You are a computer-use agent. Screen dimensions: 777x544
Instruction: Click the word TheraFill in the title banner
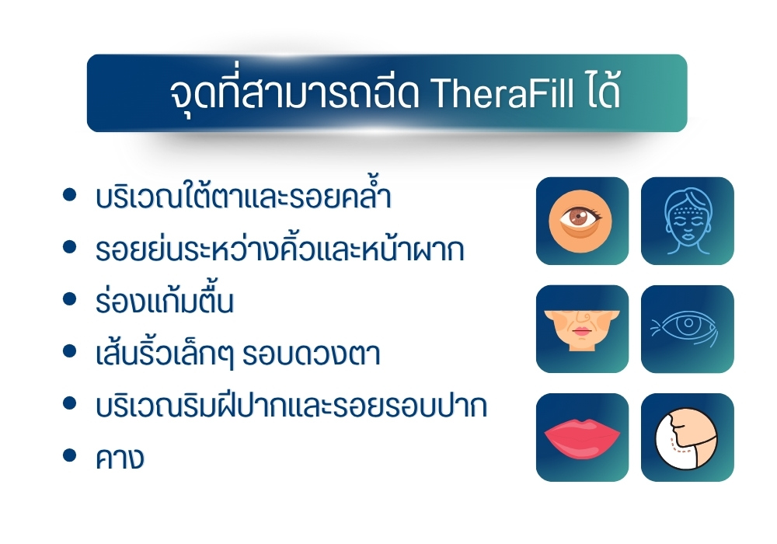click(x=503, y=93)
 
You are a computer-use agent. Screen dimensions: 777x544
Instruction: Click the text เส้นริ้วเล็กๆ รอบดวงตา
click(x=238, y=353)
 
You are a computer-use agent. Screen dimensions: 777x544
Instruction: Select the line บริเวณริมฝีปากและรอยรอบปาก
click(x=291, y=405)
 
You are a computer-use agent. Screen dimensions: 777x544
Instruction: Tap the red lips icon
click(x=582, y=438)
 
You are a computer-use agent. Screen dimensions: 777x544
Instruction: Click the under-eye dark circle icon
click(x=582, y=221)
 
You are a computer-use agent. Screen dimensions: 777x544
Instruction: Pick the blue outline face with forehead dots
click(x=688, y=221)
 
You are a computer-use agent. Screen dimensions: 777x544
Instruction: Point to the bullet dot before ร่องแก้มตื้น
click(x=70, y=298)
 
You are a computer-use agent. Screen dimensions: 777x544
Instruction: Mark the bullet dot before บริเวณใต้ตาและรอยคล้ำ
click(x=70, y=194)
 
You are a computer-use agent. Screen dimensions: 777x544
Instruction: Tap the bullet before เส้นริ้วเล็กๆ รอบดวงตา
click(x=70, y=351)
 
